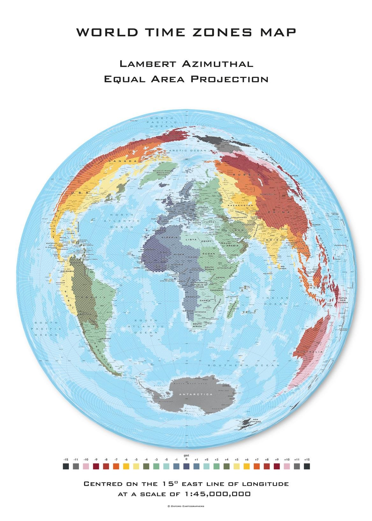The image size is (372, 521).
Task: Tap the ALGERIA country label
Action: pyautogui.click(x=171, y=238)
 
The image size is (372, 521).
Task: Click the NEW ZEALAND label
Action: pyautogui.click(x=257, y=420)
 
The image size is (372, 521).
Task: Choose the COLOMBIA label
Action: pyautogui.click(x=67, y=271)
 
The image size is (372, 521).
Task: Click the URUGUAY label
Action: pyautogui.click(x=106, y=338)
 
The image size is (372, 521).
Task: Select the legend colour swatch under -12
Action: pyautogui.click(x=66, y=466)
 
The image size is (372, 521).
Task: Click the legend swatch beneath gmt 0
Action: pyautogui.click(x=186, y=466)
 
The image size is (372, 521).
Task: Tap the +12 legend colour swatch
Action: pyautogui.click(x=307, y=466)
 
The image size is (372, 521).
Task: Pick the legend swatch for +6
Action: pyautogui.click(x=246, y=466)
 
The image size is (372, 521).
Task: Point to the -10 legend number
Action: pyautogui.click(x=86, y=459)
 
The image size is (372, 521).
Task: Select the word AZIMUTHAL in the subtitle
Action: pyautogui.click(x=217, y=64)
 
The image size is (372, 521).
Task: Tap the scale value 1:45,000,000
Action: pyautogui.click(x=218, y=494)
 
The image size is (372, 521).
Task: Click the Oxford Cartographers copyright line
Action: pyautogui.click(x=186, y=506)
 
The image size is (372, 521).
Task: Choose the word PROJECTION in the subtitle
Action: pyautogui.click(x=230, y=79)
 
